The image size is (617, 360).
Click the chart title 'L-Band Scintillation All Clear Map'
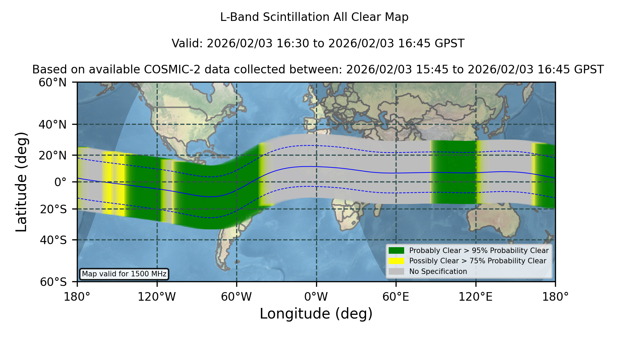pos(314,17)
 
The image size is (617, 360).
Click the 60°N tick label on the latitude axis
pos(53,83)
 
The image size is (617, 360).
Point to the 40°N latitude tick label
pos(53,124)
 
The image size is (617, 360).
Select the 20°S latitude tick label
pos(53,209)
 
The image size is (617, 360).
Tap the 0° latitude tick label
pos(61,182)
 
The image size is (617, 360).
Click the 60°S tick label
pos(53,282)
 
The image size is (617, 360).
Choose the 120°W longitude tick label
pos(157,297)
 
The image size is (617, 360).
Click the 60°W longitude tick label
pos(237,297)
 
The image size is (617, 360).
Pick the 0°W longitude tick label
pos(316,297)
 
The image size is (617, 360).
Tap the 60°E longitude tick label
pos(396,297)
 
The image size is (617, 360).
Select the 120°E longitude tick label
pos(476,297)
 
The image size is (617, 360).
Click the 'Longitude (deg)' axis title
pos(316,314)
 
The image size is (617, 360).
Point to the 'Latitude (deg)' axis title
pos(21,182)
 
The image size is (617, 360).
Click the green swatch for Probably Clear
pos(397,251)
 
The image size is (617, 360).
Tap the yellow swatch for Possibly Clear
pos(397,261)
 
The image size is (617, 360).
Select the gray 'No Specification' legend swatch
pos(397,272)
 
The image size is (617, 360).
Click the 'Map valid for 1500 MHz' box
pos(124,274)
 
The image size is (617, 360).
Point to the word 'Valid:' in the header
pos(187,44)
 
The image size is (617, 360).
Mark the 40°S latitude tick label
pos(53,240)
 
